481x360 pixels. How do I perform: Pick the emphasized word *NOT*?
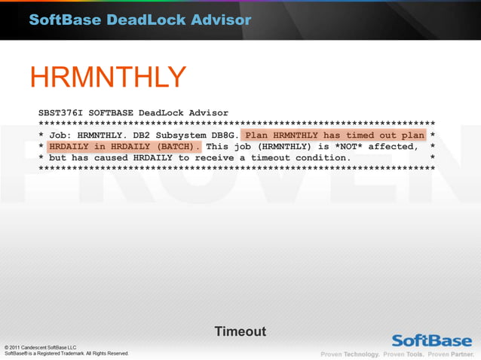pos(348,147)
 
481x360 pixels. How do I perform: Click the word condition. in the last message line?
pos(320,158)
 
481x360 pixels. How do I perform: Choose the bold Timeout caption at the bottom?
pos(240,331)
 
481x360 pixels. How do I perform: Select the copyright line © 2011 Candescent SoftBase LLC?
pos(41,346)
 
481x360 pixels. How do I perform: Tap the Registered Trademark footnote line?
pos(66,353)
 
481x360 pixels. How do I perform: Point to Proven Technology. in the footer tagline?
pos(351,354)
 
